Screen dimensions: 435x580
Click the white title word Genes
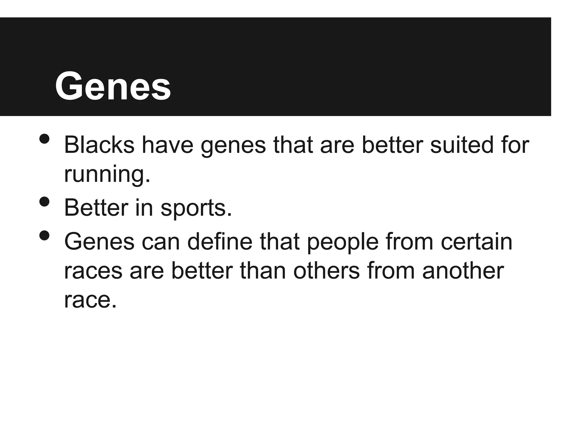(113, 86)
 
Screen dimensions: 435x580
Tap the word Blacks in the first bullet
(99, 145)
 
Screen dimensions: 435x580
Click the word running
(107, 174)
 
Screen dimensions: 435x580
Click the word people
(342, 242)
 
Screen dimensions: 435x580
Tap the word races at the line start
(93, 271)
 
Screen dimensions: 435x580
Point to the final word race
(90, 300)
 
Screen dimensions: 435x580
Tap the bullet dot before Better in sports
(44, 202)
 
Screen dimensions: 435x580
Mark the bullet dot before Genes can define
(44, 236)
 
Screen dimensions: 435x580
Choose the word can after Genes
(161, 242)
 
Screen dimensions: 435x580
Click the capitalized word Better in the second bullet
(96, 208)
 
